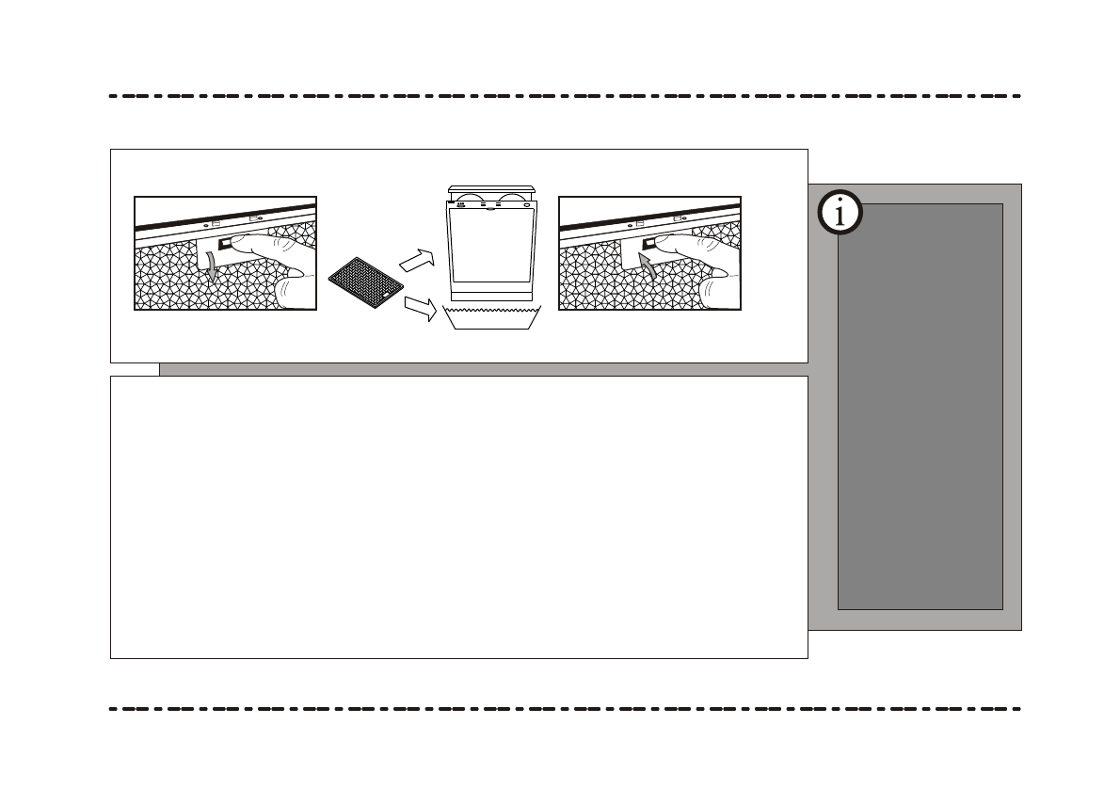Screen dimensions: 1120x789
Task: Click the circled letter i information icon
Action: pos(840,214)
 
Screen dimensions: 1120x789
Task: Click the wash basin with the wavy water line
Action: pos(494,317)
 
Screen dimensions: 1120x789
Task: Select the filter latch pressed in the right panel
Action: pos(649,245)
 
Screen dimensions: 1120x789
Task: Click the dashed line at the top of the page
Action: pos(565,96)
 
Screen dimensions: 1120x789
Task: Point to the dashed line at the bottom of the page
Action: pos(565,708)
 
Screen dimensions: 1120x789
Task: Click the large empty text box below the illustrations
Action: pos(458,518)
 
